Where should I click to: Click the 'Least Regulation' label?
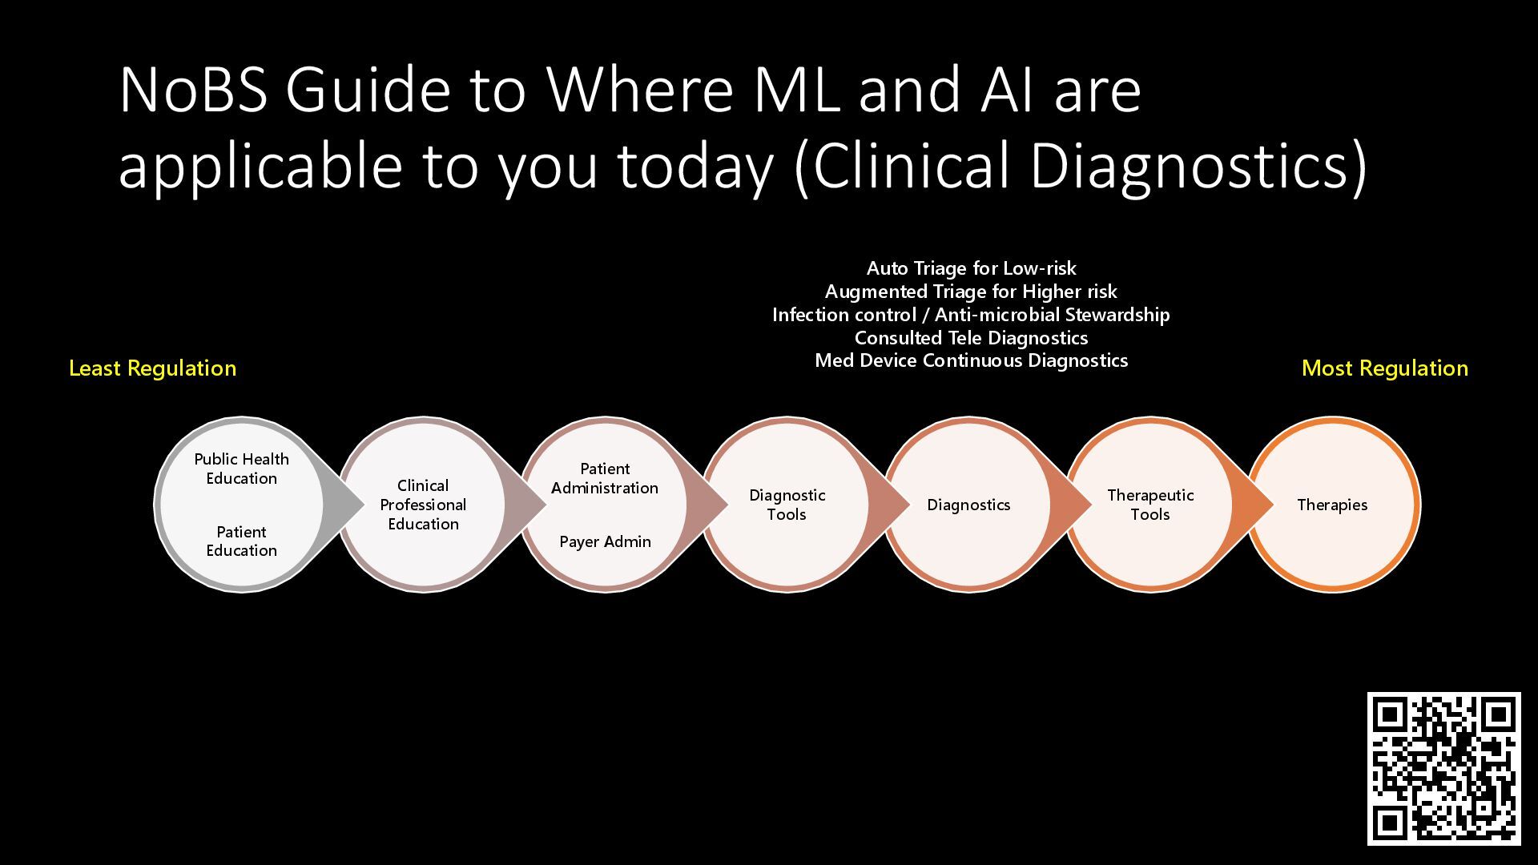(152, 368)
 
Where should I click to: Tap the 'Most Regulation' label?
(1384, 368)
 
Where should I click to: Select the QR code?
(1443, 768)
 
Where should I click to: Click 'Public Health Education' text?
(241, 469)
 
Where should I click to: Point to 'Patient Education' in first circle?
(241, 541)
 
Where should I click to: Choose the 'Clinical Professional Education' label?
(423, 505)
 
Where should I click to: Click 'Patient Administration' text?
(605, 478)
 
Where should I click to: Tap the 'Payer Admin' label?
(605, 541)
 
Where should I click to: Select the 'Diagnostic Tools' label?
(787, 505)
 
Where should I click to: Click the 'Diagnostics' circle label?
(968, 505)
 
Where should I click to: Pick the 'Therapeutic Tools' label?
(1150, 505)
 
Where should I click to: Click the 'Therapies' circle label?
(1332, 505)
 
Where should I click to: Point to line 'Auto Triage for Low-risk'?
(971, 268)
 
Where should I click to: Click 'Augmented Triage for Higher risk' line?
(971, 292)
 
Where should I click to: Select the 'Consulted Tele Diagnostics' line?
(971, 338)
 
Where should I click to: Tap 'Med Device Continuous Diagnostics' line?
(971, 360)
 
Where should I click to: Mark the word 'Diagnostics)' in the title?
(1198, 166)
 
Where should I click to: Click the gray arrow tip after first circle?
(352, 505)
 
